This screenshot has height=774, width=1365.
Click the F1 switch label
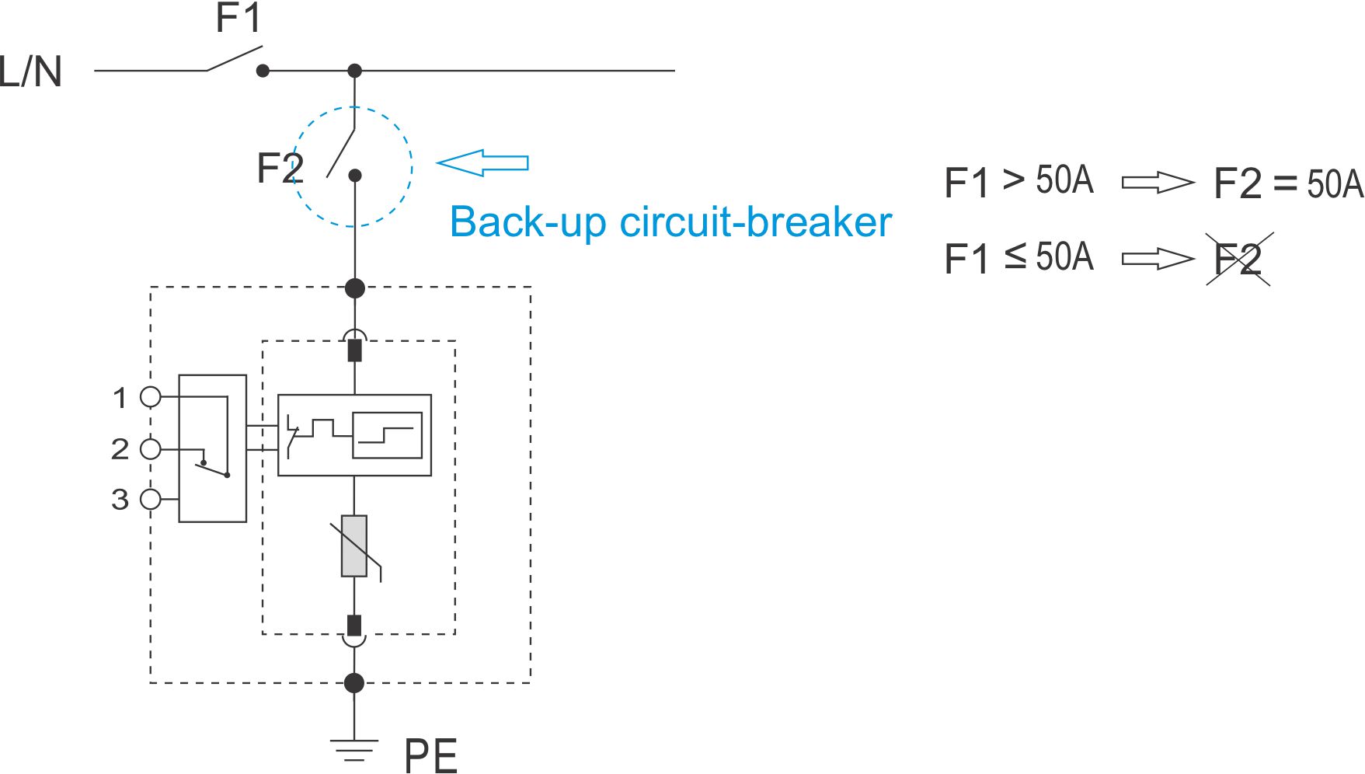tap(238, 19)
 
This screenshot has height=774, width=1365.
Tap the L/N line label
tap(31, 71)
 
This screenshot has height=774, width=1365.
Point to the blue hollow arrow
tap(482, 162)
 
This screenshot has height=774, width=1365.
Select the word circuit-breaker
tap(755, 222)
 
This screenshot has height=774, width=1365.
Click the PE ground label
tap(430, 755)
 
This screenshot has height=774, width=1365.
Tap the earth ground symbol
tap(354, 750)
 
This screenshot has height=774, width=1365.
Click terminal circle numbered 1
tap(151, 397)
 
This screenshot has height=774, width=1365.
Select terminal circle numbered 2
tap(151, 448)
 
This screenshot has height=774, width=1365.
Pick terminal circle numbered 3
tap(151, 499)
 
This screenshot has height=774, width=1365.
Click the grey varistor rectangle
tap(354, 546)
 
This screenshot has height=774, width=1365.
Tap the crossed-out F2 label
tap(1238, 259)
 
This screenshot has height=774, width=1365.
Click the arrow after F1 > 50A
tap(1158, 183)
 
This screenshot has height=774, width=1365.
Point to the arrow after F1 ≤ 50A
tap(1158, 259)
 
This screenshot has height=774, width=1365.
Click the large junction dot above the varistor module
tap(355, 288)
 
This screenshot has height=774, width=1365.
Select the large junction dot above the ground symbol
tap(354, 683)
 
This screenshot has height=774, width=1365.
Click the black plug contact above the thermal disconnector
tap(355, 350)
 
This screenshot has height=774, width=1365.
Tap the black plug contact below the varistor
tap(354, 626)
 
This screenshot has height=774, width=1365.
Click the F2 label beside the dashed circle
tap(280, 168)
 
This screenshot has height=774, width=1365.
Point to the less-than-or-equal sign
tap(1015, 256)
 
